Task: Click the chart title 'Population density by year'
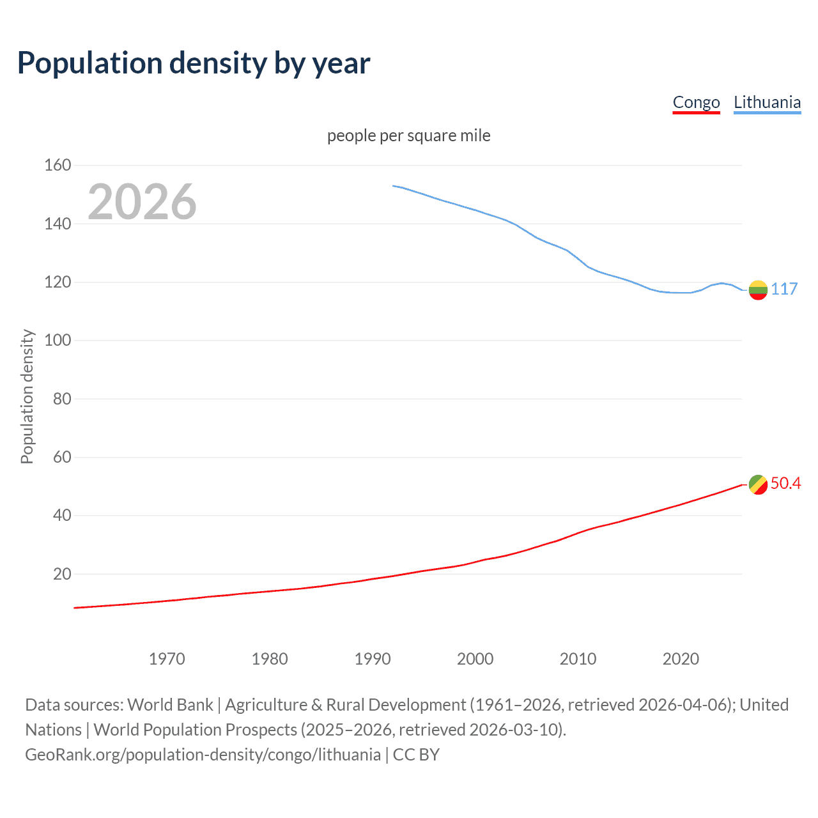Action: click(194, 63)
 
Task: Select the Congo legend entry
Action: click(696, 102)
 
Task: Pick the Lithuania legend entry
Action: click(767, 102)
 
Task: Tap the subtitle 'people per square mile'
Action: click(408, 135)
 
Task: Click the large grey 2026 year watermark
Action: click(142, 202)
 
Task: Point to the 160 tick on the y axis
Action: click(58, 165)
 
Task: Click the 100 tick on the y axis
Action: click(58, 340)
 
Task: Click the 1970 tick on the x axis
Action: click(167, 659)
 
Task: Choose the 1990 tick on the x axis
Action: click(373, 659)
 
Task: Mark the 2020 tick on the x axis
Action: click(681, 659)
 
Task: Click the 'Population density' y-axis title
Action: click(27, 396)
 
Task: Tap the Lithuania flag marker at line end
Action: click(758, 289)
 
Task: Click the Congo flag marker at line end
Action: click(758, 484)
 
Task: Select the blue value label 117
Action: click(784, 289)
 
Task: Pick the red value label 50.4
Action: click(785, 483)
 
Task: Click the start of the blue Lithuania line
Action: click(394, 186)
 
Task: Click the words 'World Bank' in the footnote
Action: click(170, 705)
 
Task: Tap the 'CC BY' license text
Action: click(416, 755)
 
